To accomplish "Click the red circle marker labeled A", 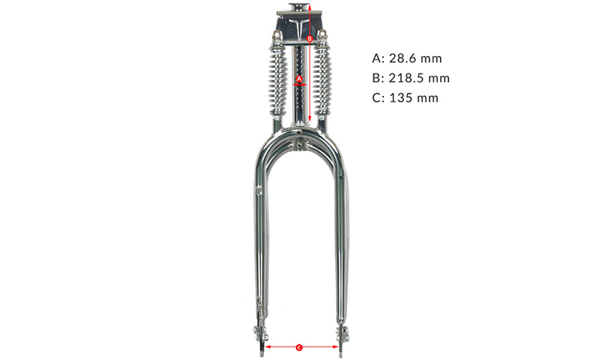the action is tap(299, 78).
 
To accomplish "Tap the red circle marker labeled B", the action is tap(310, 38).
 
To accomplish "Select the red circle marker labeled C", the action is tap(299, 347).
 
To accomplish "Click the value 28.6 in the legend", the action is tap(402, 58).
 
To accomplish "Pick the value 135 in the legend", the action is tap(400, 98).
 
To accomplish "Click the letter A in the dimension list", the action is tap(377, 58).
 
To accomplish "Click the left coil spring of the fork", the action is tap(278, 79).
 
